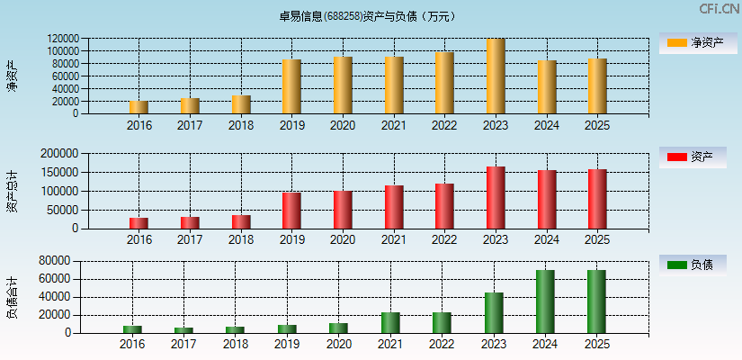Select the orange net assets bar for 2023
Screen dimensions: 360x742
click(x=496, y=76)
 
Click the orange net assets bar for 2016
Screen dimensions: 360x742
click(x=139, y=107)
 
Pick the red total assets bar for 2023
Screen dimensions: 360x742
click(x=496, y=197)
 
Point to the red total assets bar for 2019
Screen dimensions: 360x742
click(x=291, y=210)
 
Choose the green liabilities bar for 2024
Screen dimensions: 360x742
click(x=545, y=301)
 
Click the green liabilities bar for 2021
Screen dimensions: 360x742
click(x=390, y=322)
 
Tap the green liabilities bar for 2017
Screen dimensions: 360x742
click(x=183, y=330)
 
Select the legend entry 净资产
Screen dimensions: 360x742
click(x=693, y=42)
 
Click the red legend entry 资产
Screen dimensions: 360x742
click(x=693, y=157)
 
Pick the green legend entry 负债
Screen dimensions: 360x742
click(x=693, y=265)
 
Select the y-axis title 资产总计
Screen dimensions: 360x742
click(x=12, y=191)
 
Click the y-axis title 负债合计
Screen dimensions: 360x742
click(x=12, y=298)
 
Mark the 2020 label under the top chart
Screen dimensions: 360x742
click(x=342, y=126)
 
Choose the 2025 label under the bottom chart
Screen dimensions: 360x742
click(x=597, y=345)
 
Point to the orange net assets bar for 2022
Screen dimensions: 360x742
click(x=444, y=83)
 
